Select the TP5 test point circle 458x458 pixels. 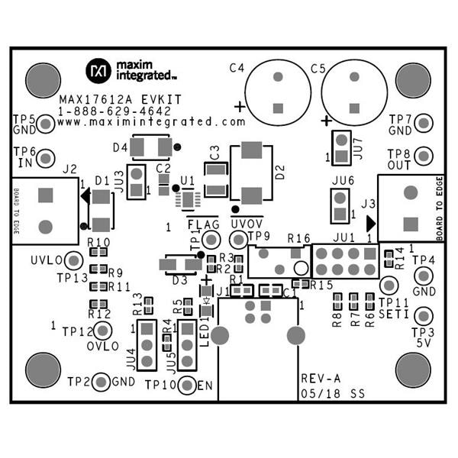click(x=45, y=122)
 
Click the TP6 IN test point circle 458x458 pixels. click(x=45, y=157)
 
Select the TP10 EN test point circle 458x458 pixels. click(x=186, y=385)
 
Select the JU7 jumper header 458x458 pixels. click(x=339, y=147)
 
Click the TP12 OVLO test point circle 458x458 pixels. click(x=103, y=330)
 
